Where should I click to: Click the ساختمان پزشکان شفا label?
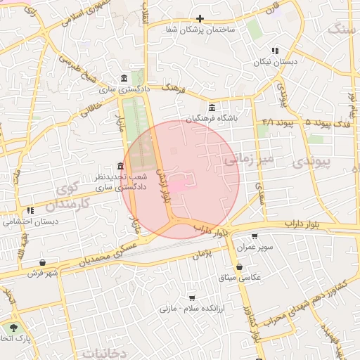coord(200,30)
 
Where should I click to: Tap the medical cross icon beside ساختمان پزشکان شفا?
coord(200,18)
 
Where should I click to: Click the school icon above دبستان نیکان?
coord(275,51)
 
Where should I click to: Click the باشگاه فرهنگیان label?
coord(212,118)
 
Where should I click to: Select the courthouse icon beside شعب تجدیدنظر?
coord(120,167)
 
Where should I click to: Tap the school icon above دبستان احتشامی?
coord(30,210)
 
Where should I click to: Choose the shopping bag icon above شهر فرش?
coord(43,263)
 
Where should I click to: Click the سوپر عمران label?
coord(254,247)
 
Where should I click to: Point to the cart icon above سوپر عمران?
coord(254,236)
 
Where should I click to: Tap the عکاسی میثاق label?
coord(240,278)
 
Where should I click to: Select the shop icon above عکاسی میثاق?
coord(240,266)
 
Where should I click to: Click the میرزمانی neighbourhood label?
coord(247,161)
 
